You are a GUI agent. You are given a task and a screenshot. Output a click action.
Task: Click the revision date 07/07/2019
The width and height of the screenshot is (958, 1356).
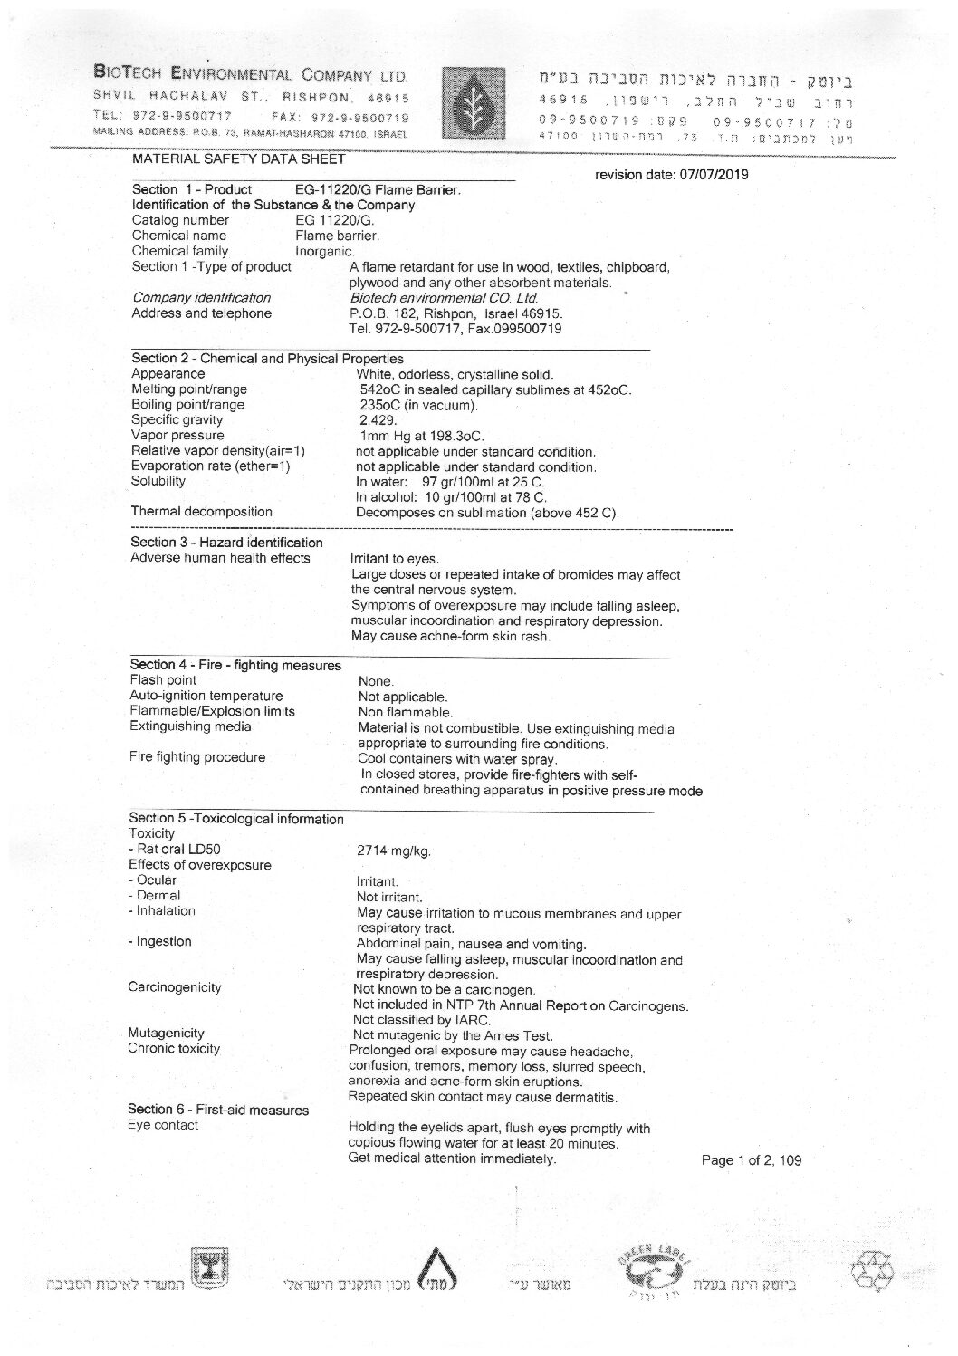pyautogui.click(x=671, y=175)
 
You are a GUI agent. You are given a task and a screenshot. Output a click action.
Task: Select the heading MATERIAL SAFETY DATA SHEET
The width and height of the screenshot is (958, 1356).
pyautogui.click(x=239, y=159)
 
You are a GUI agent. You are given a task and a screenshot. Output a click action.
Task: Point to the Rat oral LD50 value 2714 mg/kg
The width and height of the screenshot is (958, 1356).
pyautogui.click(x=394, y=851)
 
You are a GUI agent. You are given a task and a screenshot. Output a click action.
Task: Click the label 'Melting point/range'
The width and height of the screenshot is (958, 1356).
pyautogui.click(x=189, y=389)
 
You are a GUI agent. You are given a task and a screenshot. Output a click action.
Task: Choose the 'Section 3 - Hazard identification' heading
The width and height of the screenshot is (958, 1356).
pyautogui.click(x=226, y=543)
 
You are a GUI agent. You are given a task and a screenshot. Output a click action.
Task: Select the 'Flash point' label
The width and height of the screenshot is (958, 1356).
pyautogui.click(x=163, y=680)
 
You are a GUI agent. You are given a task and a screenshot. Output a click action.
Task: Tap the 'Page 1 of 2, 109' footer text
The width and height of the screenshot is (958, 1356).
pyautogui.click(x=752, y=1159)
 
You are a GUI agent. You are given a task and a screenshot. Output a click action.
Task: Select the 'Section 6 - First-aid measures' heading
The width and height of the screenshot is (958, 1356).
pyautogui.click(x=218, y=1110)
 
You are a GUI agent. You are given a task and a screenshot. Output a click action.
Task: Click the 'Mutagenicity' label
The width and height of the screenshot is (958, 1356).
pyautogui.click(x=166, y=1033)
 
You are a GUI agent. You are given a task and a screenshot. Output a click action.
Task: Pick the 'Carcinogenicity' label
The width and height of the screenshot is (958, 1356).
pyautogui.click(x=174, y=987)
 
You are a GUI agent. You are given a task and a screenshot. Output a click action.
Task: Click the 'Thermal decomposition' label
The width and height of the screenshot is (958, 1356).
pyautogui.click(x=201, y=512)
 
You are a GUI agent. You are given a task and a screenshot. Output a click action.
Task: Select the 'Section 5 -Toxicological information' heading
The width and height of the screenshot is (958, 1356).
pyautogui.click(x=236, y=819)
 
